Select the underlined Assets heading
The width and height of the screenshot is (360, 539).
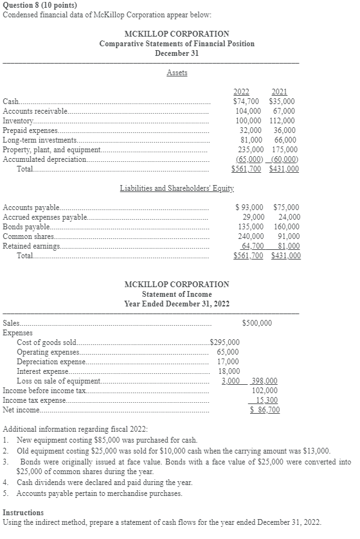coord(177,73)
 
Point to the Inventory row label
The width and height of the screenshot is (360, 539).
coord(18,121)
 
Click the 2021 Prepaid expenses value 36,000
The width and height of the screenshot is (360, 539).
coord(284,130)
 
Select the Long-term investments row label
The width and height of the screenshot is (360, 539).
coord(40,139)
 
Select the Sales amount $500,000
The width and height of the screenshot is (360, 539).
coord(257,323)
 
